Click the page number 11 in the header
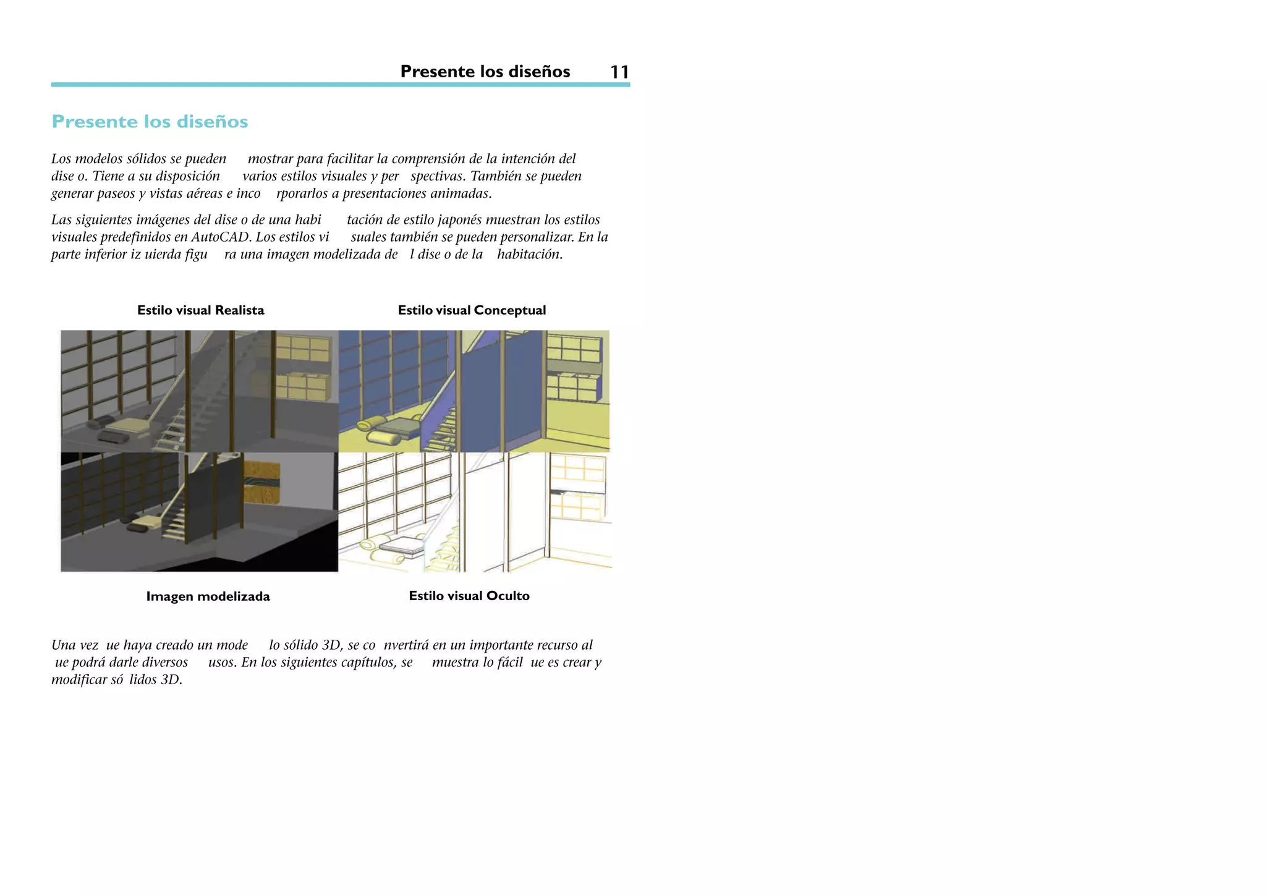coord(619,72)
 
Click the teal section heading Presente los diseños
coord(150,122)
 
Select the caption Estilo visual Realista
coord(200,310)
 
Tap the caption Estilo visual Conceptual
coord(472,310)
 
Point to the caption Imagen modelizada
coord(208,596)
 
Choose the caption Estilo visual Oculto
coord(469,596)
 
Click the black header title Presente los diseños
coord(485,72)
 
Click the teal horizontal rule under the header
coord(340,85)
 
